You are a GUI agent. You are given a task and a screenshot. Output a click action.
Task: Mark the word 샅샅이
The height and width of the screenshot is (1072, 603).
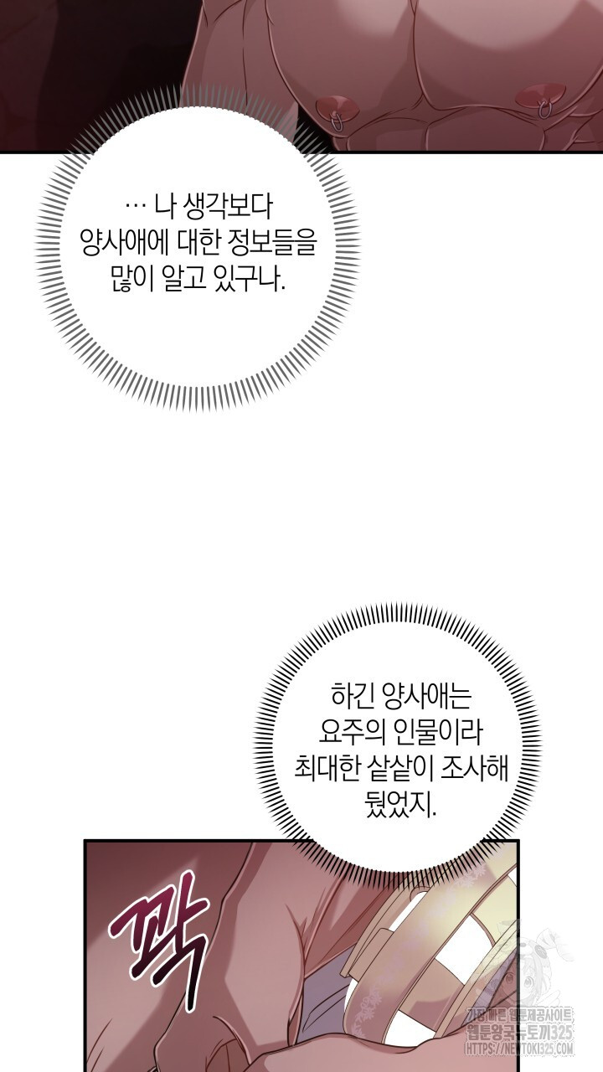[x=390, y=769]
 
